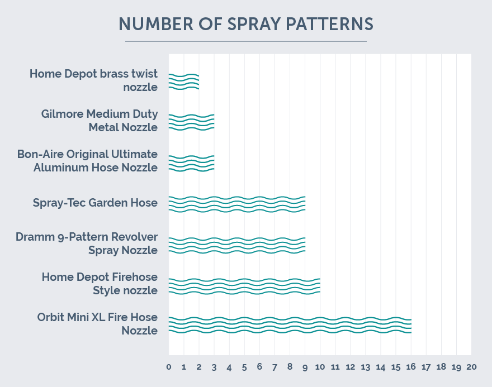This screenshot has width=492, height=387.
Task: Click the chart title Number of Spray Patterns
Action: [245, 24]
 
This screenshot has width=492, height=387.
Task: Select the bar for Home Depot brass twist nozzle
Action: [184, 82]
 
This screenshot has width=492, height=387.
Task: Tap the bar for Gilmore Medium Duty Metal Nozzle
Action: [191, 122]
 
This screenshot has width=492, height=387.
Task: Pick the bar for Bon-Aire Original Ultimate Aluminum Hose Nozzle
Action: [191, 163]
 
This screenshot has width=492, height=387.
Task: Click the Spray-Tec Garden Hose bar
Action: [236, 204]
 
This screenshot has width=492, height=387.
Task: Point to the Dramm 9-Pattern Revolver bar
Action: [236, 245]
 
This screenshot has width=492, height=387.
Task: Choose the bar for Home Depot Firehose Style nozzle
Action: [244, 285]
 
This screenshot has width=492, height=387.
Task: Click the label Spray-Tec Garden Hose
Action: [95, 203]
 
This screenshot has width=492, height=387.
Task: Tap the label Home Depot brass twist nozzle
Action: [94, 80]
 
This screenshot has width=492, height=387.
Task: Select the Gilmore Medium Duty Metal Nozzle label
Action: [100, 121]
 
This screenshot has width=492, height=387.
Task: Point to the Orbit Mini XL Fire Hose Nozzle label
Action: [98, 324]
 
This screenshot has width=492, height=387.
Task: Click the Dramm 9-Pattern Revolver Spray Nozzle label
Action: [87, 243]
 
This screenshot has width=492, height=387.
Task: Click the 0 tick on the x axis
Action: [169, 367]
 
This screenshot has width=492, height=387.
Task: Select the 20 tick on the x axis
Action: [471, 367]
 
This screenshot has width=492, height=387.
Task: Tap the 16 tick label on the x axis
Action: [411, 367]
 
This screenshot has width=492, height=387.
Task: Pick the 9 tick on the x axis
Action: [305, 367]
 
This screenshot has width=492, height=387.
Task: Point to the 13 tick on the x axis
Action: [366, 367]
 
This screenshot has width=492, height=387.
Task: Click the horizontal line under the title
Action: [245, 41]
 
